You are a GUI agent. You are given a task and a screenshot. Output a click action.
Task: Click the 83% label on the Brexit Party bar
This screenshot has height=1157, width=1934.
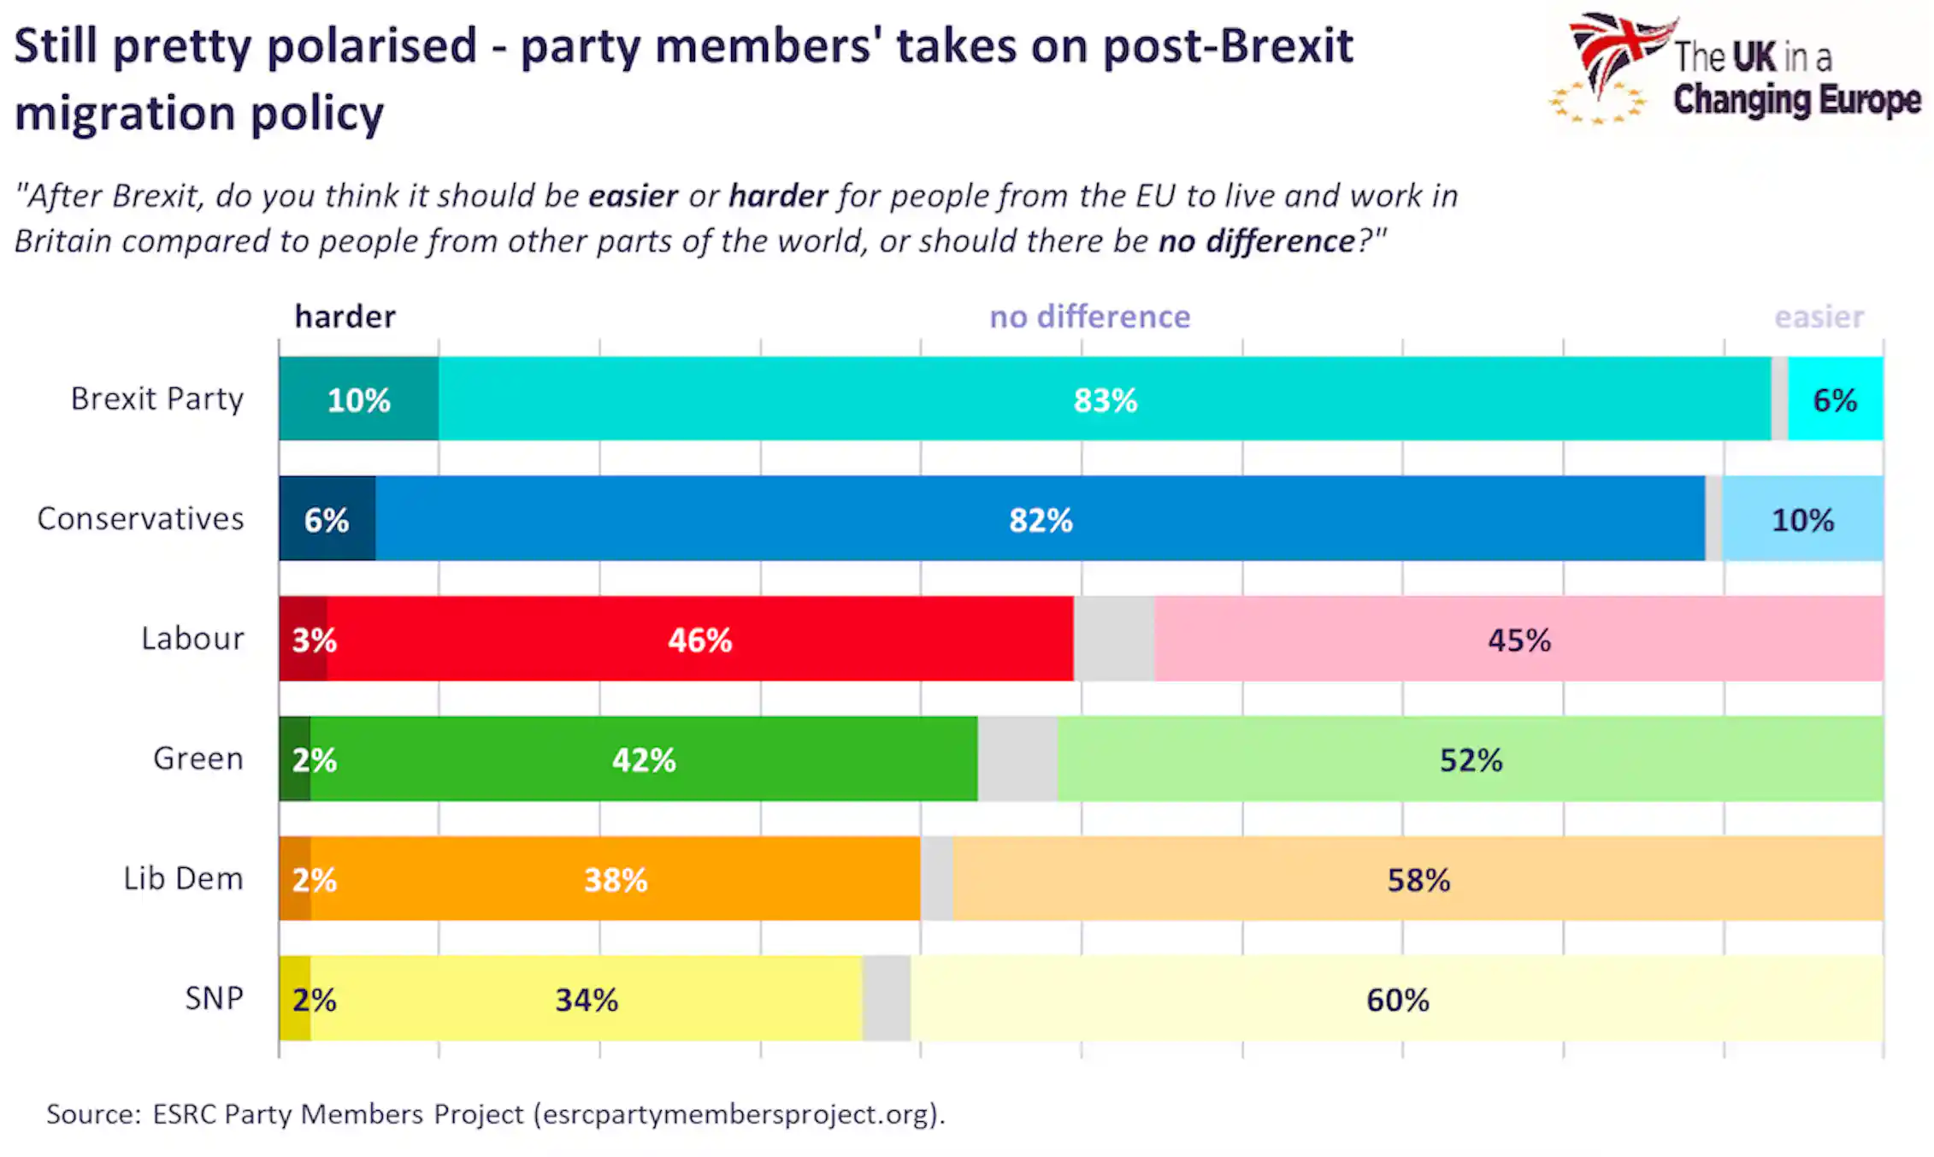(1106, 400)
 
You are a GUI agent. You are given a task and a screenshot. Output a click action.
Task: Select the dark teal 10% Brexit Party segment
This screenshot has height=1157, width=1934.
(359, 398)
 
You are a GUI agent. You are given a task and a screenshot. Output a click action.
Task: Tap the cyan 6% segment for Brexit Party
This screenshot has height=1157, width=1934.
(1836, 398)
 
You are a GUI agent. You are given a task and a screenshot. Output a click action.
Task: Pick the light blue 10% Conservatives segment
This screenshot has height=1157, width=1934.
(1803, 518)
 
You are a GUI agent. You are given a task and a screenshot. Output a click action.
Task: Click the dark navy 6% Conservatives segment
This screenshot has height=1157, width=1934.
(327, 518)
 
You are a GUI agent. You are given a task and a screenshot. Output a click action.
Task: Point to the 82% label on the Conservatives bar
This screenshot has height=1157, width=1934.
(1041, 520)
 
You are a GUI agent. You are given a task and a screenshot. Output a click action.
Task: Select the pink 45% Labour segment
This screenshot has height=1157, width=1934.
(1518, 639)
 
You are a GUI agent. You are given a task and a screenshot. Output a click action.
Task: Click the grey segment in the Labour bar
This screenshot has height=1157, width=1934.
(1114, 639)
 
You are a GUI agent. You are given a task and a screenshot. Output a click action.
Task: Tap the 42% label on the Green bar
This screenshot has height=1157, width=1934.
(644, 759)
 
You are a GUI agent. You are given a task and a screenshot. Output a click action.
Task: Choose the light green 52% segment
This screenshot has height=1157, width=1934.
(1471, 759)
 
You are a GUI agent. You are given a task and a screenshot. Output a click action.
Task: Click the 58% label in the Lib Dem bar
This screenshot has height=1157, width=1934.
(1418, 880)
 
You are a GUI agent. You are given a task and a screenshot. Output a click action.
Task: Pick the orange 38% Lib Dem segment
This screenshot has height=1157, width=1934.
(616, 878)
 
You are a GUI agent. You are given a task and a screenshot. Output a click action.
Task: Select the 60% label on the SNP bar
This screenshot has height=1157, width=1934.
(1398, 1000)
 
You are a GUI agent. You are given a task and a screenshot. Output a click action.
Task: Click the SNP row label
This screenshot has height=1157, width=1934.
(215, 998)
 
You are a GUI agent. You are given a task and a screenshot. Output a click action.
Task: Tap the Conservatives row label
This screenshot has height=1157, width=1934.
(140, 518)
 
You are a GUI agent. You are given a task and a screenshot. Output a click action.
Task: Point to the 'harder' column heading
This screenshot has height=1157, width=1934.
(345, 316)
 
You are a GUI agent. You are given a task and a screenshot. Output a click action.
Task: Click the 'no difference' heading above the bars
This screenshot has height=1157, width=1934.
(1090, 316)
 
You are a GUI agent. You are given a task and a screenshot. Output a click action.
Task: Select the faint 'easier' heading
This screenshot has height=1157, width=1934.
(1819, 316)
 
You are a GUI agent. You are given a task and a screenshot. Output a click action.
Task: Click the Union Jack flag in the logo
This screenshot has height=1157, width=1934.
(1618, 51)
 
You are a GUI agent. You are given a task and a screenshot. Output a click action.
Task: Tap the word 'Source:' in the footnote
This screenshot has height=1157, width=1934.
(93, 1113)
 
